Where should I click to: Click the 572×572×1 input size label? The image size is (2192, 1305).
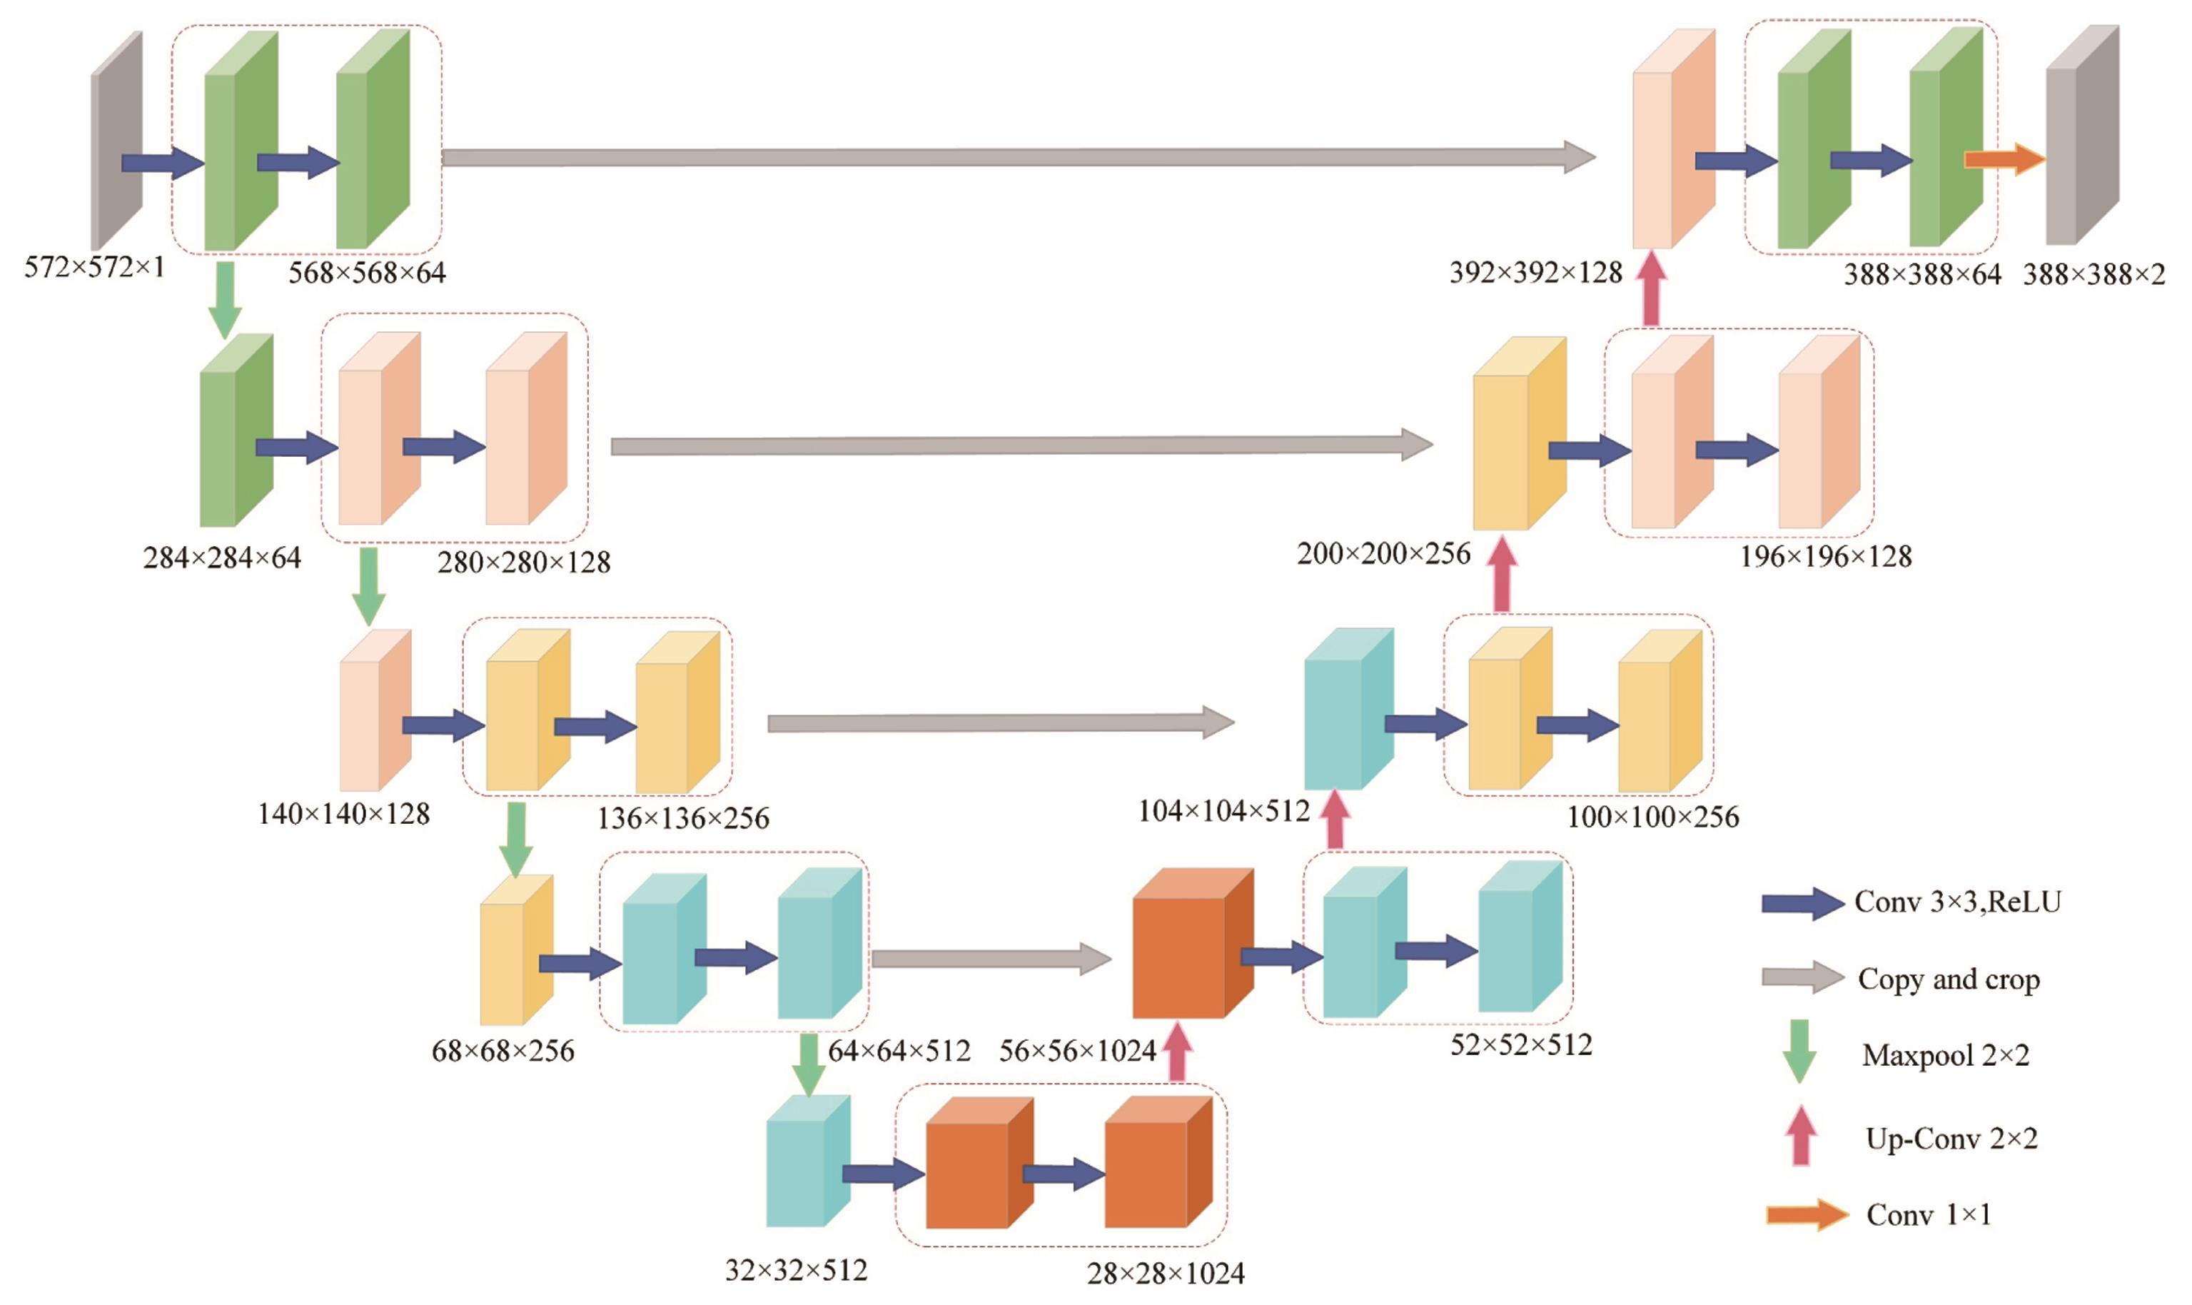pos(94,266)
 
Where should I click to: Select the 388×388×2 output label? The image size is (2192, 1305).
pos(2093,274)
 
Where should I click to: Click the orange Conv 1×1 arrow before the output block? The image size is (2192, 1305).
pos(2004,159)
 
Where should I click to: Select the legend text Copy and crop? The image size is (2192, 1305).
pos(1949,979)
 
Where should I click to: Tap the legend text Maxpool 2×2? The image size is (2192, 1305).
pos(1945,1054)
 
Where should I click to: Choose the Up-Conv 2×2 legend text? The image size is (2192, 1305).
pos(1951,1138)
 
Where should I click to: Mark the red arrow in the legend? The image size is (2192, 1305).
pos(1800,1135)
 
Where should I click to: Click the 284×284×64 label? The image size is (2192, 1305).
pos(221,558)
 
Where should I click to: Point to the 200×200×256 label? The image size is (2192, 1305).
pos(1383,553)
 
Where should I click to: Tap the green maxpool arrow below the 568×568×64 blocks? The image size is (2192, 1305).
pos(225,299)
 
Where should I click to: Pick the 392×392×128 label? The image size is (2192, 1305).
pos(1535,273)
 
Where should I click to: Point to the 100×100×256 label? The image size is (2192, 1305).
pos(1652,817)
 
